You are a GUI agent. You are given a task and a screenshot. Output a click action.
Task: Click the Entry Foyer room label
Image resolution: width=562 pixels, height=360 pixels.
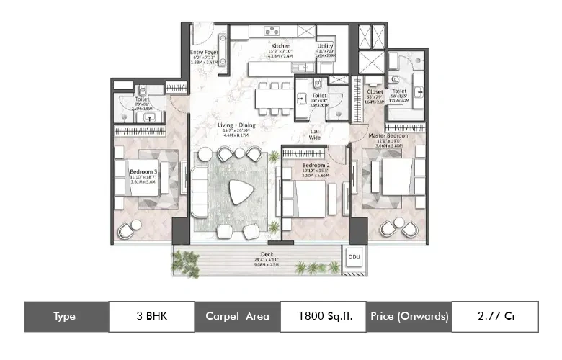(x=205, y=53)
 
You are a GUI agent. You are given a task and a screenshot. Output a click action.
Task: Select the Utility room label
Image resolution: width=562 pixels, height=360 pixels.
(x=325, y=46)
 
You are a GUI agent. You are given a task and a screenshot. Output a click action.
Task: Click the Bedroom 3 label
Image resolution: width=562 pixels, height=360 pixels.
(x=143, y=171)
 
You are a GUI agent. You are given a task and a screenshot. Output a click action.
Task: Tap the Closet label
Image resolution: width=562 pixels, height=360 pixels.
(x=375, y=92)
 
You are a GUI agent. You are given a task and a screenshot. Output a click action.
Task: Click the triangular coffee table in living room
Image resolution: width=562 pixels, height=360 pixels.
(x=235, y=193)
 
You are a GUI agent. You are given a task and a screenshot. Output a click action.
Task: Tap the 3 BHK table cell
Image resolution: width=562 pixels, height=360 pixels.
(x=151, y=316)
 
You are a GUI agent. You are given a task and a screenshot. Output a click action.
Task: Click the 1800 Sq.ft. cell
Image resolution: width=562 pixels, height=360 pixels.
(x=321, y=316)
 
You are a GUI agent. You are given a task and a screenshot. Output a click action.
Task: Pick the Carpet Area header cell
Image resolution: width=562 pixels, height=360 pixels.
(x=236, y=316)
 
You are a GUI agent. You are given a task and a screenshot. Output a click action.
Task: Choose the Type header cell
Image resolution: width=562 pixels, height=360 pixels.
(x=66, y=316)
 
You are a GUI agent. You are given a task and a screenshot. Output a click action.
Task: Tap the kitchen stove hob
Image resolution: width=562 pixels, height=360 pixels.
(x=272, y=31)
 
